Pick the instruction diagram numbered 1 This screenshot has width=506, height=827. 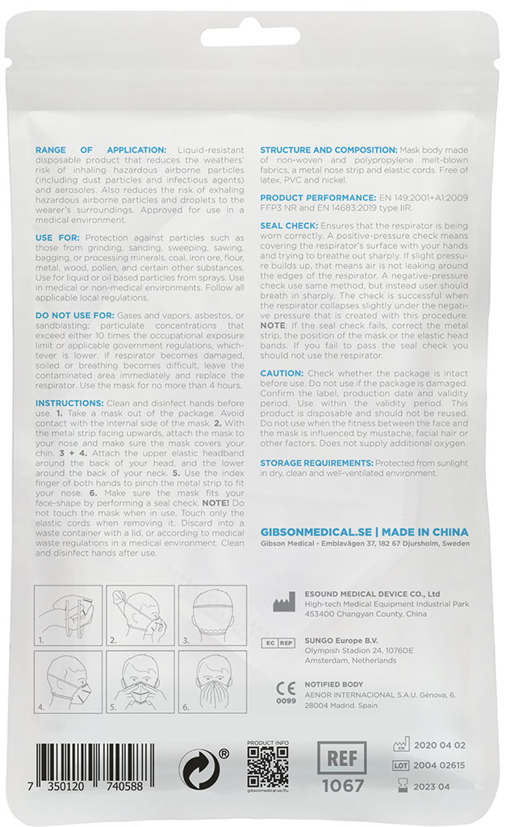pyautogui.click(x=67, y=616)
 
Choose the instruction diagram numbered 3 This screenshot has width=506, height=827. pyautogui.click(x=209, y=616)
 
